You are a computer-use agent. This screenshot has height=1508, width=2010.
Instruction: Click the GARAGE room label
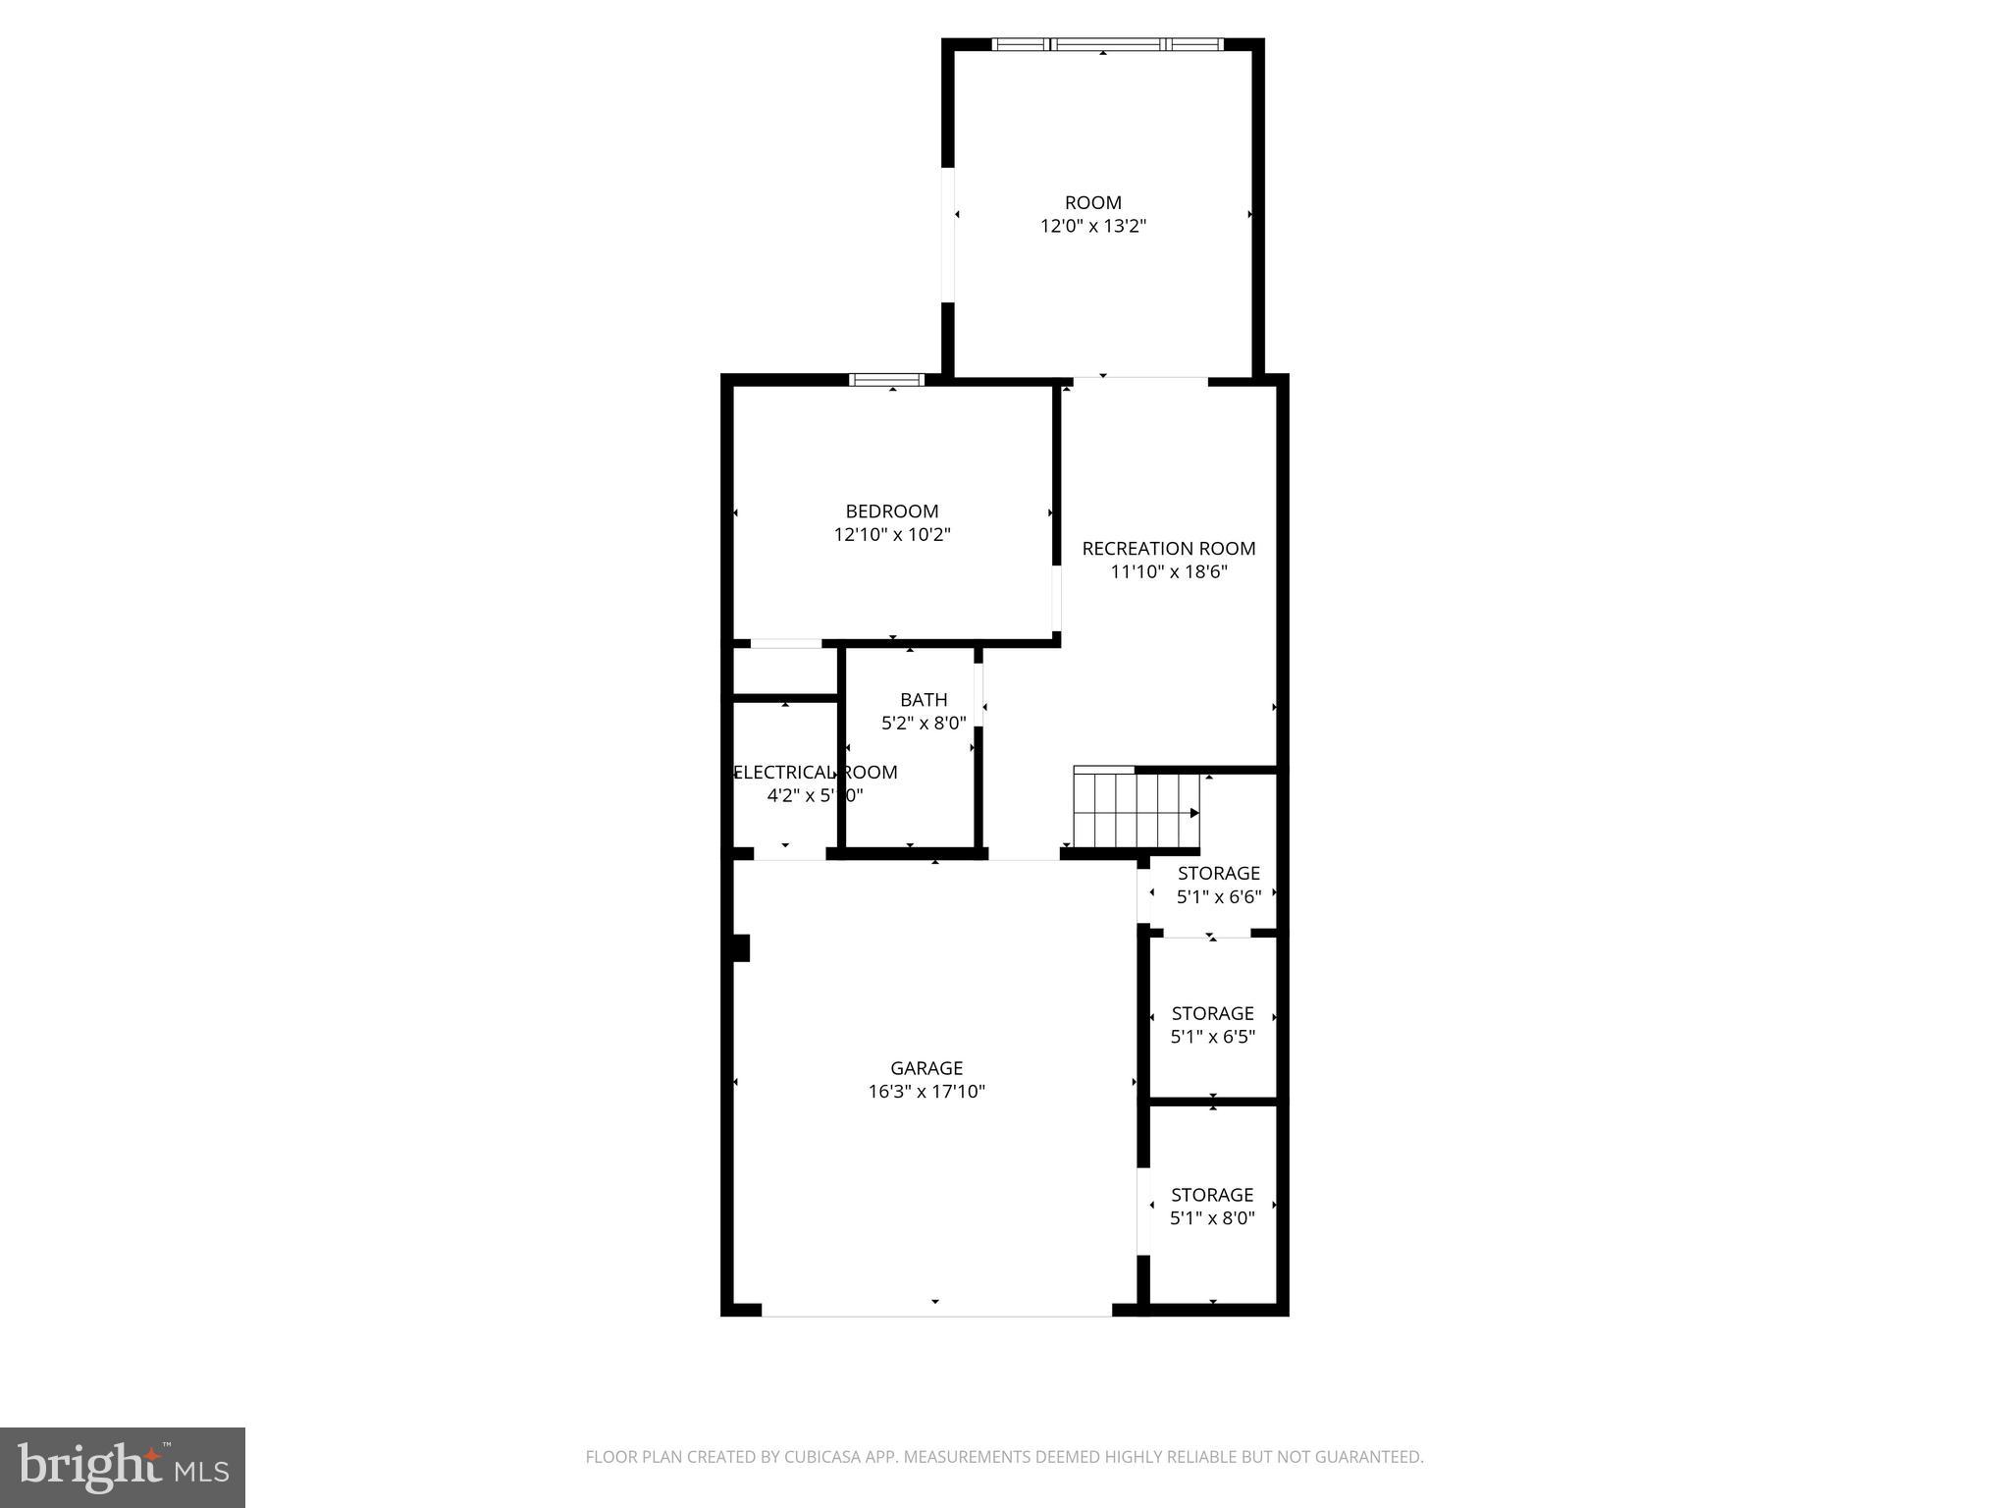point(926,1067)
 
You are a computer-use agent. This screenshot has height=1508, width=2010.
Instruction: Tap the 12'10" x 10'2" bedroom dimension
point(892,535)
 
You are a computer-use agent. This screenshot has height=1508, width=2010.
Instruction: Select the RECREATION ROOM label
point(1168,548)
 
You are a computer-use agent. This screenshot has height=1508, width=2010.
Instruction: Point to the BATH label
point(924,699)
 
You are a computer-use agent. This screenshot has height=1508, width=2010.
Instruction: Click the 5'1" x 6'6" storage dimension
point(1218,896)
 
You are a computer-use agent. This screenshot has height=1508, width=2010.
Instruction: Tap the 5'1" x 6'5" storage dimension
point(1212,1037)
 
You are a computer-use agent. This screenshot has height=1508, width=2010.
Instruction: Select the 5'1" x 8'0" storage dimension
point(1212,1218)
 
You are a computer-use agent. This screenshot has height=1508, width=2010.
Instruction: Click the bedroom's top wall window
point(886,380)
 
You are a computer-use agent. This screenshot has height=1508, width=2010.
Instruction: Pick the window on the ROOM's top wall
point(1107,44)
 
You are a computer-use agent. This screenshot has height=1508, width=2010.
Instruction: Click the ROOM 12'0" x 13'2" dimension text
point(1093,226)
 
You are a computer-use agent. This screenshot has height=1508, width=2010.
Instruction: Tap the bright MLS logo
point(123,1467)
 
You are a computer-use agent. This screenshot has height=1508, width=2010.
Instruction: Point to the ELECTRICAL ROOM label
point(816,772)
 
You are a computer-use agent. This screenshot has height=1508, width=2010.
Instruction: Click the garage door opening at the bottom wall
point(935,1310)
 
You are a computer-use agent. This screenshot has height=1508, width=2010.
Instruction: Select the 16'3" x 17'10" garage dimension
point(926,1091)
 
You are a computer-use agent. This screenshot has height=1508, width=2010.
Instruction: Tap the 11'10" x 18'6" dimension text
point(1168,571)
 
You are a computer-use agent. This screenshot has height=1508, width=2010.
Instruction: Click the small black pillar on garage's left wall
point(741,947)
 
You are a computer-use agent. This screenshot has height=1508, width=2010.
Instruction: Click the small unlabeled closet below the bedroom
point(785,672)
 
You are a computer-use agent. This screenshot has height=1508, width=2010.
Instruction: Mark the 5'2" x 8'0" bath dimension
point(924,723)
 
